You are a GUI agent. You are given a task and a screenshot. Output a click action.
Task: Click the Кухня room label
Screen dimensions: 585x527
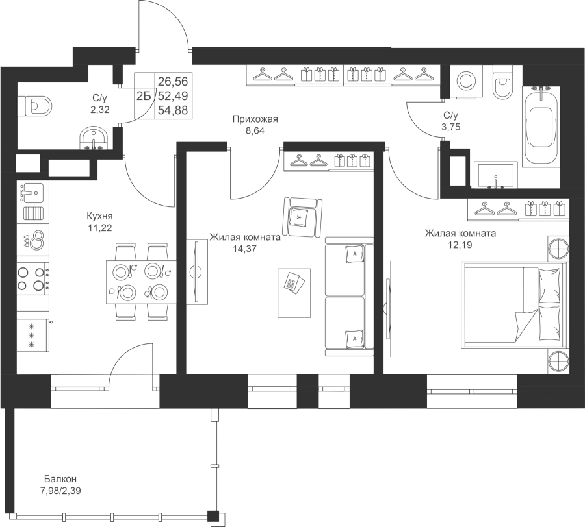click(x=99, y=216)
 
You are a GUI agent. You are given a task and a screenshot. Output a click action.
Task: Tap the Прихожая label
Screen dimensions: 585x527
click(x=255, y=119)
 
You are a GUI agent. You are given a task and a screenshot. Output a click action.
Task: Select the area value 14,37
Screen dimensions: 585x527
click(x=245, y=249)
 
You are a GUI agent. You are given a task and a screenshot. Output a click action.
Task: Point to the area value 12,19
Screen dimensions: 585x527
click(x=460, y=245)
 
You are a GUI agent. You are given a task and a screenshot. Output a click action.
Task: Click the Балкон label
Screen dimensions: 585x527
click(x=60, y=478)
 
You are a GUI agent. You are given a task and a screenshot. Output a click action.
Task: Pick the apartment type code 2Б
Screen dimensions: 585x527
click(x=144, y=96)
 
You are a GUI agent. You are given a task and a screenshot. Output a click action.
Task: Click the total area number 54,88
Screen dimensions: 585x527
click(x=173, y=110)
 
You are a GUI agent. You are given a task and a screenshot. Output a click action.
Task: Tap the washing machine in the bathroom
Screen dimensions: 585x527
click(x=467, y=82)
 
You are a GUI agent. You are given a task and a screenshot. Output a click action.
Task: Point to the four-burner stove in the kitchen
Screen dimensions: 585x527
click(x=33, y=278)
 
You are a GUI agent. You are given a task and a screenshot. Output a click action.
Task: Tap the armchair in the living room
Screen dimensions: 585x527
click(x=302, y=217)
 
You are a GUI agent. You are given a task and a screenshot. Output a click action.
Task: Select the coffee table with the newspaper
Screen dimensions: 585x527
click(x=294, y=293)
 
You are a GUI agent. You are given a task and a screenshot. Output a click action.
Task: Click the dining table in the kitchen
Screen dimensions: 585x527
click(x=142, y=282)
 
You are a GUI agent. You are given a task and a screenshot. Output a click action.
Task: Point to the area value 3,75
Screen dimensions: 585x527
click(x=450, y=127)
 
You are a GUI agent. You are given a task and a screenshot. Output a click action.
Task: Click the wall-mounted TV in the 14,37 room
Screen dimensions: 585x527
click(x=196, y=272)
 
